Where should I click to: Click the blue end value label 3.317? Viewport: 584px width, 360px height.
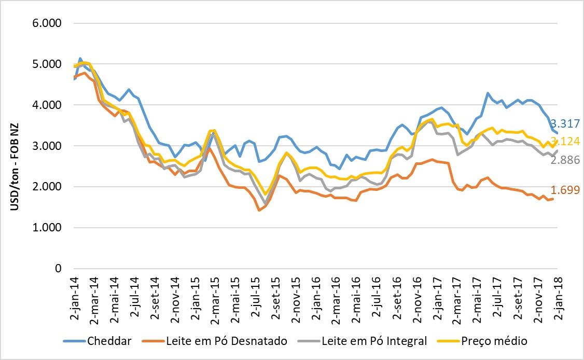coord(565,123)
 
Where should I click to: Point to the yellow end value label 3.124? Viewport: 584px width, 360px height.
coord(565,141)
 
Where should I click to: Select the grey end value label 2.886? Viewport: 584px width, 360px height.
coord(565,160)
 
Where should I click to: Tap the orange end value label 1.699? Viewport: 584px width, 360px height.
coord(565,190)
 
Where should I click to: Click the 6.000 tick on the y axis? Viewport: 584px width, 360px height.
coord(48,23)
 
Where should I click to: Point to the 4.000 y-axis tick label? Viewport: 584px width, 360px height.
coord(48,105)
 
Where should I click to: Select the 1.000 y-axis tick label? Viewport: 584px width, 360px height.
coord(48,228)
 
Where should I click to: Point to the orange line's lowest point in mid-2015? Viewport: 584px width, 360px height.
coord(259,210)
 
